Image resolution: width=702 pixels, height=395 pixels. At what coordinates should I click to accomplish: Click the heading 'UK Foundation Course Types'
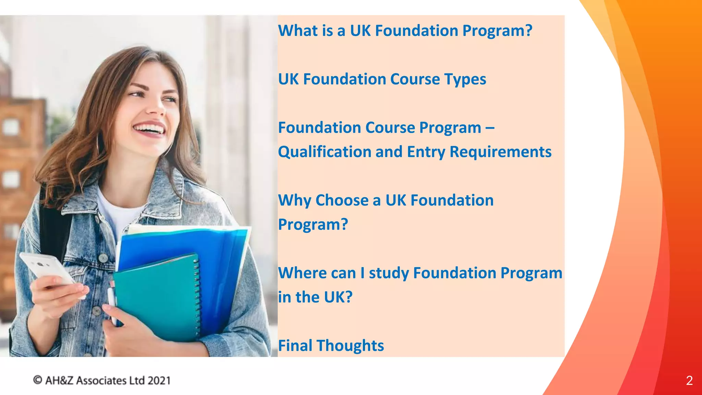382,79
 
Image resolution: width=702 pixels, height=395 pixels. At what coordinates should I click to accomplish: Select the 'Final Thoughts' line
331,346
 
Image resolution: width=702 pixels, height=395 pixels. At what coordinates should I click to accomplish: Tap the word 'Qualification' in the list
322,152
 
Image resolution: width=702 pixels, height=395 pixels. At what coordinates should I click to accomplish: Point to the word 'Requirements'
500,152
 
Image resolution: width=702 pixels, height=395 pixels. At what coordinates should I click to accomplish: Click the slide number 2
689,381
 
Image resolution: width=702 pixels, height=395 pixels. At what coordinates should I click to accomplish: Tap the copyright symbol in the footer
37,380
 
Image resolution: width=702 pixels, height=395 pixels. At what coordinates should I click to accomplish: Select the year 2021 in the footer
159,381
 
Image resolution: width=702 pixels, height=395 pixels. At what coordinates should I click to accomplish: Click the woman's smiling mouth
150,130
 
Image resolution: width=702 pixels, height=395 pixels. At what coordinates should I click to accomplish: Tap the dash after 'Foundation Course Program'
490,128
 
